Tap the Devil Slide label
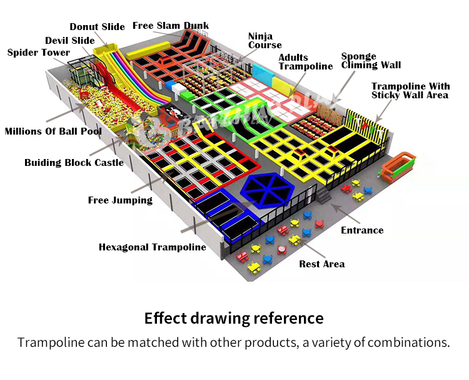(x=70, y=41)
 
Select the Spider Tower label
(x=39, y=53)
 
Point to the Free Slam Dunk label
(x=171, y=26)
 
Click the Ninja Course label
(x=265, y=41)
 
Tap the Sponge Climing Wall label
(x=371, y=61)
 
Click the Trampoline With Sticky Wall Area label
(x=410, y=91)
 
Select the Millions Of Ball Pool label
(x=53, y=131)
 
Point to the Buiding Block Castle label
(x=74, y=163)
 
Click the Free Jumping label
(x=120, y=200)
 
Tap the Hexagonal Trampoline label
(x=152, y=247)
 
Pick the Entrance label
(x=362, y=230)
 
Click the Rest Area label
(x=321, y=264)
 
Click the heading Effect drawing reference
(x=234, y=318)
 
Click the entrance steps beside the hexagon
(x=323, y=196)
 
